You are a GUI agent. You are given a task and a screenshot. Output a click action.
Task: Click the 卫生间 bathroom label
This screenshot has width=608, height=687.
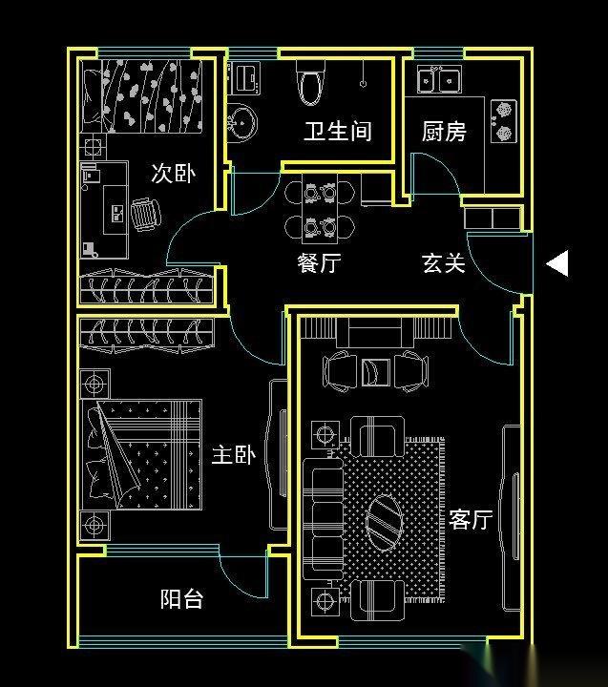(x=338, y=131)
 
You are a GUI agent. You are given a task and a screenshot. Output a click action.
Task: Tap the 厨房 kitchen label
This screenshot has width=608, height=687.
(x=444, y=131)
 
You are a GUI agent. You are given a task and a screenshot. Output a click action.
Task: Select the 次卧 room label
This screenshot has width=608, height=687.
(x=174, y=173)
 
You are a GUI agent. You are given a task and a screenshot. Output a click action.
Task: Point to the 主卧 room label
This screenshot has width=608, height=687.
(x=234, y=455)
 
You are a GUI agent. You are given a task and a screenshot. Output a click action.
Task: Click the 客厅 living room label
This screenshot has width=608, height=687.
(x=471, y=519)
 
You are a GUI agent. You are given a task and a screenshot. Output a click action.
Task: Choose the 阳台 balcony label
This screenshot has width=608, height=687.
(x=182, y=598)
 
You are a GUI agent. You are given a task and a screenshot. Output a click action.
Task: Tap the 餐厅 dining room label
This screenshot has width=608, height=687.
(x=319, y=263)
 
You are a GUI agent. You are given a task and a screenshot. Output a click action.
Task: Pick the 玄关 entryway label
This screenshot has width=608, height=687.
(x=444, y=263)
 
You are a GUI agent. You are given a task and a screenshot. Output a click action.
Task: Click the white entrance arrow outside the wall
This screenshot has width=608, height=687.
(x=557, y=263)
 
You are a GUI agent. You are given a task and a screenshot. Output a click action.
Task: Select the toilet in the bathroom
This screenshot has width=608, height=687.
(x=310, y=84)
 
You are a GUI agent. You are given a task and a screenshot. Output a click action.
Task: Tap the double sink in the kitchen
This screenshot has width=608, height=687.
(x=439, y=79)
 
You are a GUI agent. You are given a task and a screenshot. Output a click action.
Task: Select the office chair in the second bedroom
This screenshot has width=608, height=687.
(x=145, y=215)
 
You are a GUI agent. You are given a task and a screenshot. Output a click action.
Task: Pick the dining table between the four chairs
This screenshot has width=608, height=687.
(x=320, y=209)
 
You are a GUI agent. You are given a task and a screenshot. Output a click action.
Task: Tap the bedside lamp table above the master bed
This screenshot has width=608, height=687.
(x=94, y=385)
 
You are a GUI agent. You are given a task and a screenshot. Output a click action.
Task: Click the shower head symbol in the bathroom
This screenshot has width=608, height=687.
(x=363, y=83)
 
